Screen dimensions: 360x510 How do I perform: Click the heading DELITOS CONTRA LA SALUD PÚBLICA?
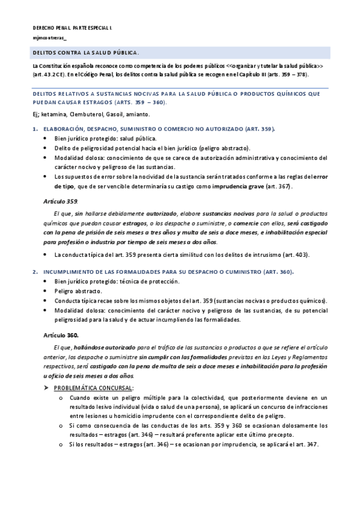click(86, 53)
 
